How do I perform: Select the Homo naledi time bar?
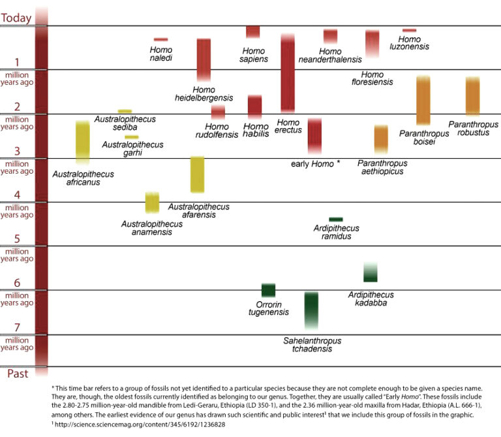tap(160, 40)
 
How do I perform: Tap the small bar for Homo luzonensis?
tap(409, 30)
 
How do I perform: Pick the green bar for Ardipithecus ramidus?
tap(336, 219)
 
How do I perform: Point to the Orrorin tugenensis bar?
tap(268, 290)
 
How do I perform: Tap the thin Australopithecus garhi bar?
tap(131, 137)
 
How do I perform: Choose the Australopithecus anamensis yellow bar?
tap(152, 202)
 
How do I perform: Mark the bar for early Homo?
tap(314, 136)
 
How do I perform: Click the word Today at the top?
tap(16, 18)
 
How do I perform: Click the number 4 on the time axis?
tap(17, 195)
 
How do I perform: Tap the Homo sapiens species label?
tap(254, 55)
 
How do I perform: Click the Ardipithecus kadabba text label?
tap(371, 299)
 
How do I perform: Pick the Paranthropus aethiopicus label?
tap(382, 167)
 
